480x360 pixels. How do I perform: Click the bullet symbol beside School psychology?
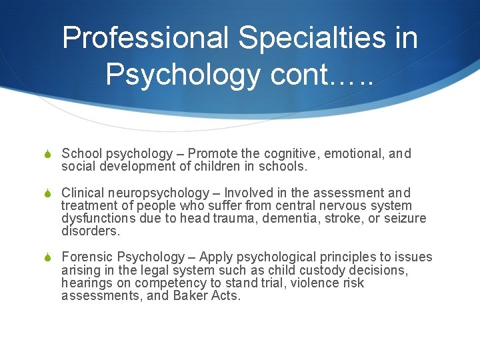(x=47, y=155)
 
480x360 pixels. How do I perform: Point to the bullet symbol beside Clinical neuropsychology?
(x=47, y=193)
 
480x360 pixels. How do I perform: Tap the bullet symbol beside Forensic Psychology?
(x=47, y=257)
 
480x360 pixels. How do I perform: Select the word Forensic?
(x=86, y=257)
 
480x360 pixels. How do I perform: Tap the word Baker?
(x=190, y=295)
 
